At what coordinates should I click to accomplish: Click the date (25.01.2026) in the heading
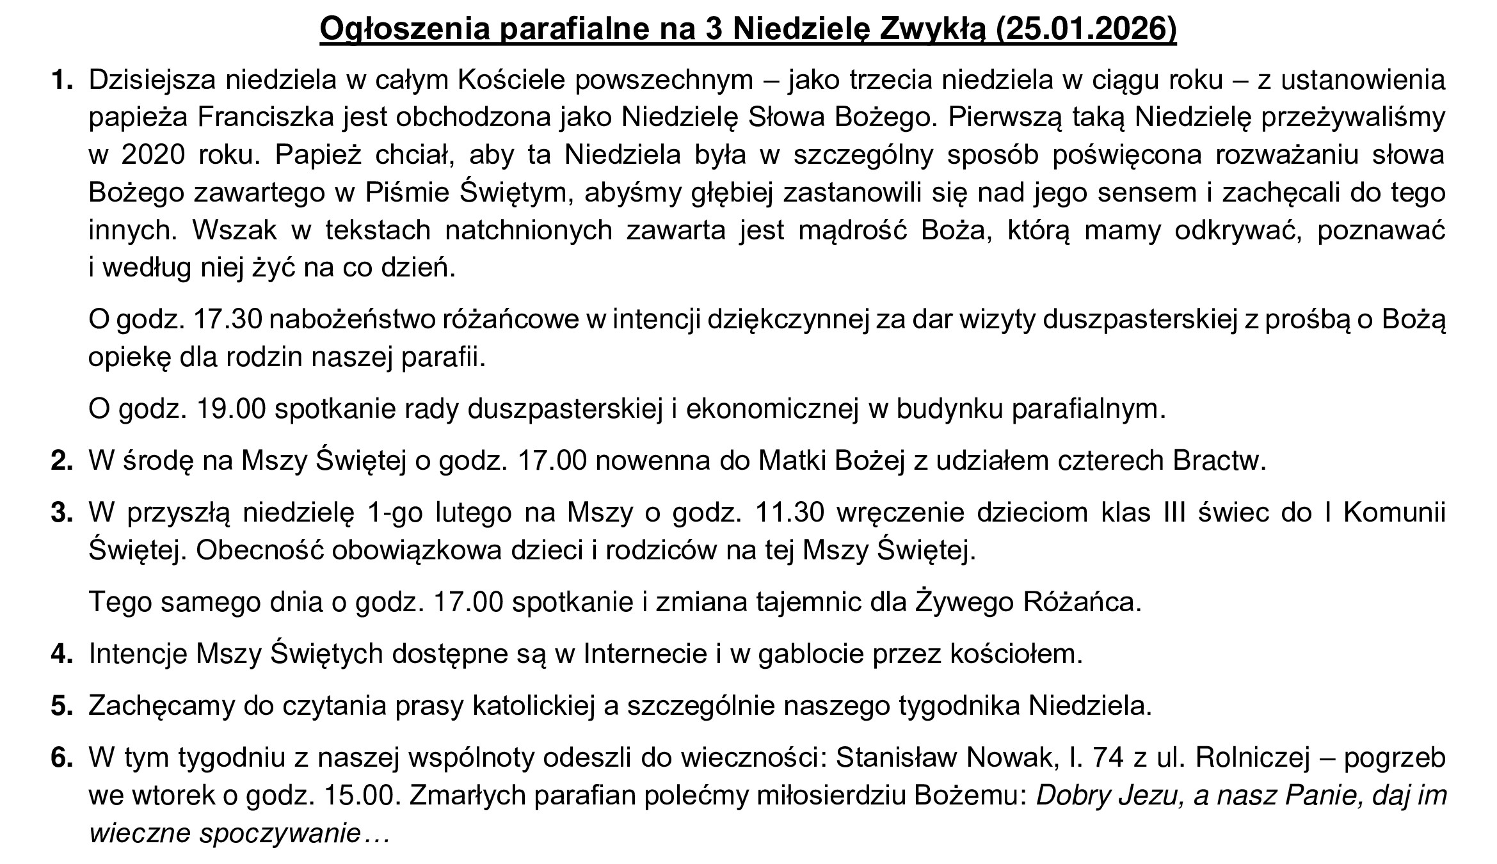[x=1085, y=29]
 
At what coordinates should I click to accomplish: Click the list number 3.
[x=61, y=513]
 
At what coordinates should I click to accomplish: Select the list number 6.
[x=61, y=758]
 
